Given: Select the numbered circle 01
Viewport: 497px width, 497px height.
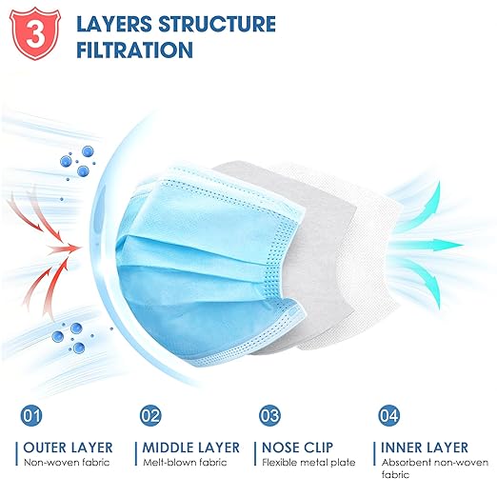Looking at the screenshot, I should [30, 416].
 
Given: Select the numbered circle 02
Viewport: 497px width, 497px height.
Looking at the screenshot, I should [150, 416].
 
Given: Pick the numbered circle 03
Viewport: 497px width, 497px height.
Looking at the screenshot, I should [269, 416].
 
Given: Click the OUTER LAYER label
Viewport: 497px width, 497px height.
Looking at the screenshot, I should [69, 447].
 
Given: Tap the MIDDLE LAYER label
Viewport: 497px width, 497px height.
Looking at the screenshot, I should [191, 447].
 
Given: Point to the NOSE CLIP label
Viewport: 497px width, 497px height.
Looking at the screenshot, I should [298, 447].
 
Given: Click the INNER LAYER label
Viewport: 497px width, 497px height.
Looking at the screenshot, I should [425, 447].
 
